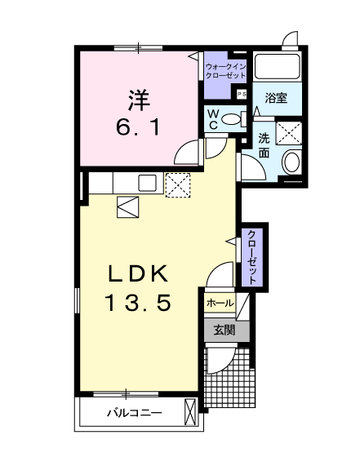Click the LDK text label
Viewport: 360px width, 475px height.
click(138, 273)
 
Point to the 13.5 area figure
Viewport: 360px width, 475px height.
click(137, 304)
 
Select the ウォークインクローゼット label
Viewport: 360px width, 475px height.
click(225, 69)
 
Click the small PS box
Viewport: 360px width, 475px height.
click(241, 94)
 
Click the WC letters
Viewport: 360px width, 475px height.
click(212, 119)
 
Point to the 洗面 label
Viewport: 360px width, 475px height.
click(264, 144)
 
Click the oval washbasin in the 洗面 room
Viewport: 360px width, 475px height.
click(291, 162)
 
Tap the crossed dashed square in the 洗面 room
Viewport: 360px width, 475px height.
click(289, 132)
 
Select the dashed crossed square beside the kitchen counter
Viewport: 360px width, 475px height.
click(177, 184)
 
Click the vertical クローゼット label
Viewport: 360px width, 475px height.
click(253, 255)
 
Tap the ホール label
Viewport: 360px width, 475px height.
click(220, 303)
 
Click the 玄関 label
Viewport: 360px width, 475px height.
click(224, 330)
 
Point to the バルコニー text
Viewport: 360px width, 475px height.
click(134, 413)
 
